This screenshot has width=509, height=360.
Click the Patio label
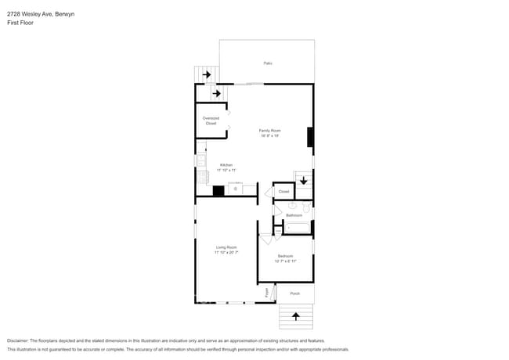(267, 63)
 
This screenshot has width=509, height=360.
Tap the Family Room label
(270, 130)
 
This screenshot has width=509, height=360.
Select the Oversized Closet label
(211, 121)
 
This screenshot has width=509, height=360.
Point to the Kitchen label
(226, 165)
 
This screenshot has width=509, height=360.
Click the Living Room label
(226, 247)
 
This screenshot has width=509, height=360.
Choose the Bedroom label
(285, 256)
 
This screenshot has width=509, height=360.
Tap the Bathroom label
(294, 214)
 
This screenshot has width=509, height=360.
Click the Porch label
(295, 293)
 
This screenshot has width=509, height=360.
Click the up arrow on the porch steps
(296, 316)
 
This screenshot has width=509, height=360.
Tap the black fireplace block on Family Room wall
(310, 137)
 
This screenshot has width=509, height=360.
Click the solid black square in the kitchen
(219, 189)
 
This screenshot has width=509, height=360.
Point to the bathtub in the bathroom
(298, 229)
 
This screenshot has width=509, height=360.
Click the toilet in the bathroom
(306, 208)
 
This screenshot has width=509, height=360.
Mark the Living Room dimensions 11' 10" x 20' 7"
(226, 253)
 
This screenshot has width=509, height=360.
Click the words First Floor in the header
(20, 23)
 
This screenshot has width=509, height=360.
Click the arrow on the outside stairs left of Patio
(207, 75)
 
